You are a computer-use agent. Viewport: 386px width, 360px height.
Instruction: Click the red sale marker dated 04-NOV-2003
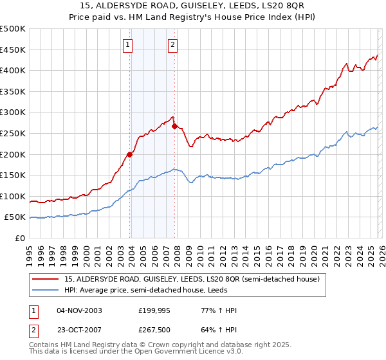click(x=130, y=154)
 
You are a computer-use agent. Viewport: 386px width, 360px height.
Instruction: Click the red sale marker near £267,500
click(x=174, y=125)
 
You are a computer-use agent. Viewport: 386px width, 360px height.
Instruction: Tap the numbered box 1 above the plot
click(x=128, y=44)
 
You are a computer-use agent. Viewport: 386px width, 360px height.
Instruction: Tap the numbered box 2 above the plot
click(x=173, y=44)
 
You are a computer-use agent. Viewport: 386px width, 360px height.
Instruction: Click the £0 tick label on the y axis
click(x=19, y=239)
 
